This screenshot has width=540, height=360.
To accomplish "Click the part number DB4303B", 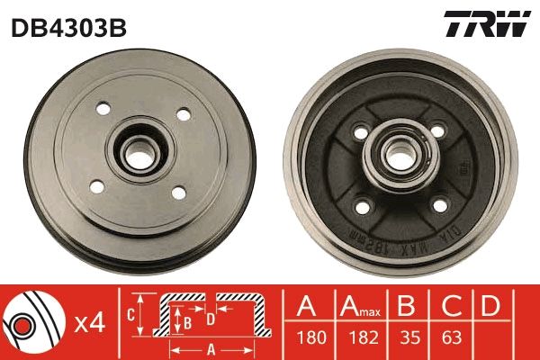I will [68, 27].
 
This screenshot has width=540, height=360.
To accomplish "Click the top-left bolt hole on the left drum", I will [101, 111].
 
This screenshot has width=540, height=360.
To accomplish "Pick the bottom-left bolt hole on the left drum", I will [97, 187].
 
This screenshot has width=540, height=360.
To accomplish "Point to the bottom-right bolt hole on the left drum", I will [177, 191].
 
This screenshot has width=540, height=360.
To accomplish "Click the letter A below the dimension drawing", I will [210, 348].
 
